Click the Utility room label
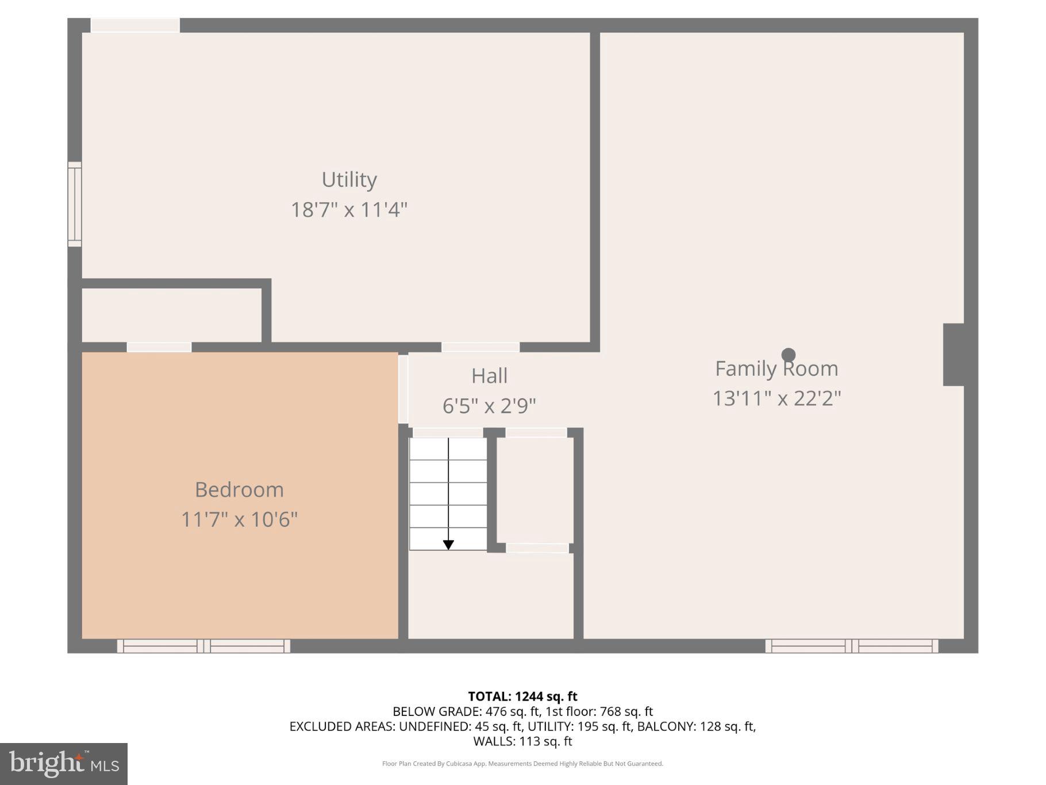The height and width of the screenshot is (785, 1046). point(349,180)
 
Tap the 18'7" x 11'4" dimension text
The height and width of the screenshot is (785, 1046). point(349,210)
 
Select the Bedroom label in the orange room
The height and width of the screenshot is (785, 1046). point(239,490)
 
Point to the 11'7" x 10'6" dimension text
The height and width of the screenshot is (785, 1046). point(239,520)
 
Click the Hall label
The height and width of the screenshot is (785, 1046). point(489,376)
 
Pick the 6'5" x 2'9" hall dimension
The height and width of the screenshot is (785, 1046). point(489,406)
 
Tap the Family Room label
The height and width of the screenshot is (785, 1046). point(776,369)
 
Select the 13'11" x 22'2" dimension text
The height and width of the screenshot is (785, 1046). point(776,399)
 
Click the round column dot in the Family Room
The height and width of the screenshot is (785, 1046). point(789,355)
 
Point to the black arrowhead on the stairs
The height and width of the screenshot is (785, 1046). point(448,545)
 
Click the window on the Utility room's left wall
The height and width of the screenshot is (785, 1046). point(75,204)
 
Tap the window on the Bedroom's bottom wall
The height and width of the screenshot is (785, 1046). point(203,646)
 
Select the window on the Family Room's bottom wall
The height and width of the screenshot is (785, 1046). point(851,646)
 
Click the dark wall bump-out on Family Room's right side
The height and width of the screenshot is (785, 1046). point(953,355)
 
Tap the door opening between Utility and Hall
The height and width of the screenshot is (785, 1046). point(480,347)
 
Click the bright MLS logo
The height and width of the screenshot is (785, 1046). point(64,764)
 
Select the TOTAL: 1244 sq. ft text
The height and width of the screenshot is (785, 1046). point(522,696)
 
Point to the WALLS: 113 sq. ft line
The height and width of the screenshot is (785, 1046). point(522,741)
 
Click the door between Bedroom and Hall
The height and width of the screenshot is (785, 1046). point(403,389)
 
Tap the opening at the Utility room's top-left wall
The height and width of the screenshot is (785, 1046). point(136,25)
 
